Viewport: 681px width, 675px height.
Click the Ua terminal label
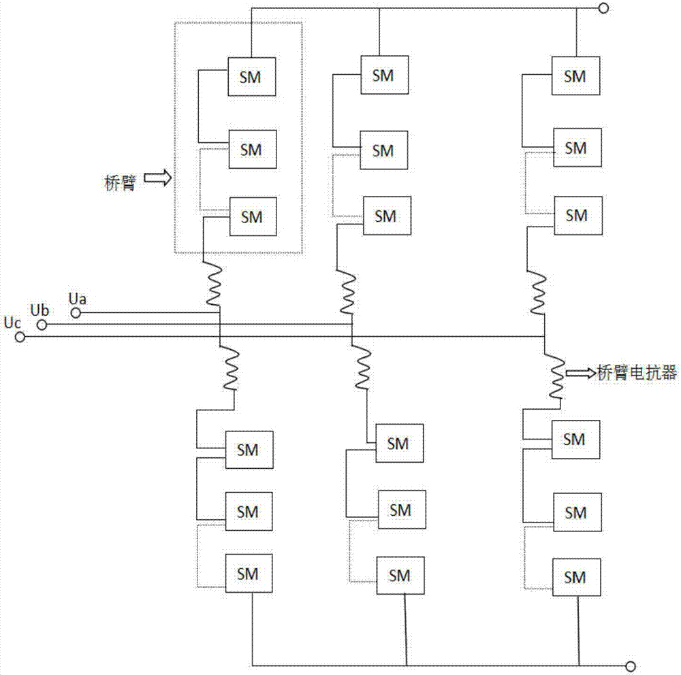79,299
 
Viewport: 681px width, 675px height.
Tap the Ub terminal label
39,310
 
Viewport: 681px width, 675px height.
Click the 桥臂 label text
121,182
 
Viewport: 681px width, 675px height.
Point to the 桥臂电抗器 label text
637,372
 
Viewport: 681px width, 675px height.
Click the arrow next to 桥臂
157,179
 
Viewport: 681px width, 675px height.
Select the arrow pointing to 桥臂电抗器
581,372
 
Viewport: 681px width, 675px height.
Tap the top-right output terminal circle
603,8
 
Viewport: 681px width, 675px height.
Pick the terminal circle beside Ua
76,313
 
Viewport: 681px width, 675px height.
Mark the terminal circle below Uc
20,337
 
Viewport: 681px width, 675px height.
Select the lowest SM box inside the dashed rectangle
252,217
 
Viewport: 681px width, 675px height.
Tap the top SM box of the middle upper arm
384,76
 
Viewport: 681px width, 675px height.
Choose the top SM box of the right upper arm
575,76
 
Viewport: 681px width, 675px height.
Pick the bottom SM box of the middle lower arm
399,576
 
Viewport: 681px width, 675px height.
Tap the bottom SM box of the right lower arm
575,577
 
